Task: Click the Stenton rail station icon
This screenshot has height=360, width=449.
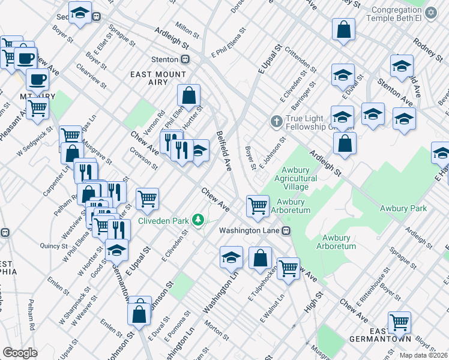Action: pyautogui.click(x=186, y=59)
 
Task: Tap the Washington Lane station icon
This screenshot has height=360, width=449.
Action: pyautogui.click(x=286, y=230)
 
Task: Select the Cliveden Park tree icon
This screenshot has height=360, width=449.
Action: pyautogui.click(x=197, y=221)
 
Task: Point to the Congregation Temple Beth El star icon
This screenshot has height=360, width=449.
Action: pyautogui.click(x=430, y=12)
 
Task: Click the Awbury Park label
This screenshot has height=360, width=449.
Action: pyautogui.click(x=403, y=208)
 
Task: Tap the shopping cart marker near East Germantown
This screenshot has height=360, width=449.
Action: pyautogui.click(x=399, y=322)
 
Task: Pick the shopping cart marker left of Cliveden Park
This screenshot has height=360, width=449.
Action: pyautogui.click(x=147, y=199)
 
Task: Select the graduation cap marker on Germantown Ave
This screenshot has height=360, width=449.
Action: pyautogui.click(x=117, y=250)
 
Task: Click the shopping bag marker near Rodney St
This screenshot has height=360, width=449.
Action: pyautogui.click(x=343, y=29)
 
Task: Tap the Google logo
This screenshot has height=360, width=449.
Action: pyautogui.click(x=20, y=353)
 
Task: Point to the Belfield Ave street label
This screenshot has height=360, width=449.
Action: pyautogui.click(x=223, y=151)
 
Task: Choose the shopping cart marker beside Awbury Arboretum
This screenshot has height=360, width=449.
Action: pyautogui.click(x=258, y=205)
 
